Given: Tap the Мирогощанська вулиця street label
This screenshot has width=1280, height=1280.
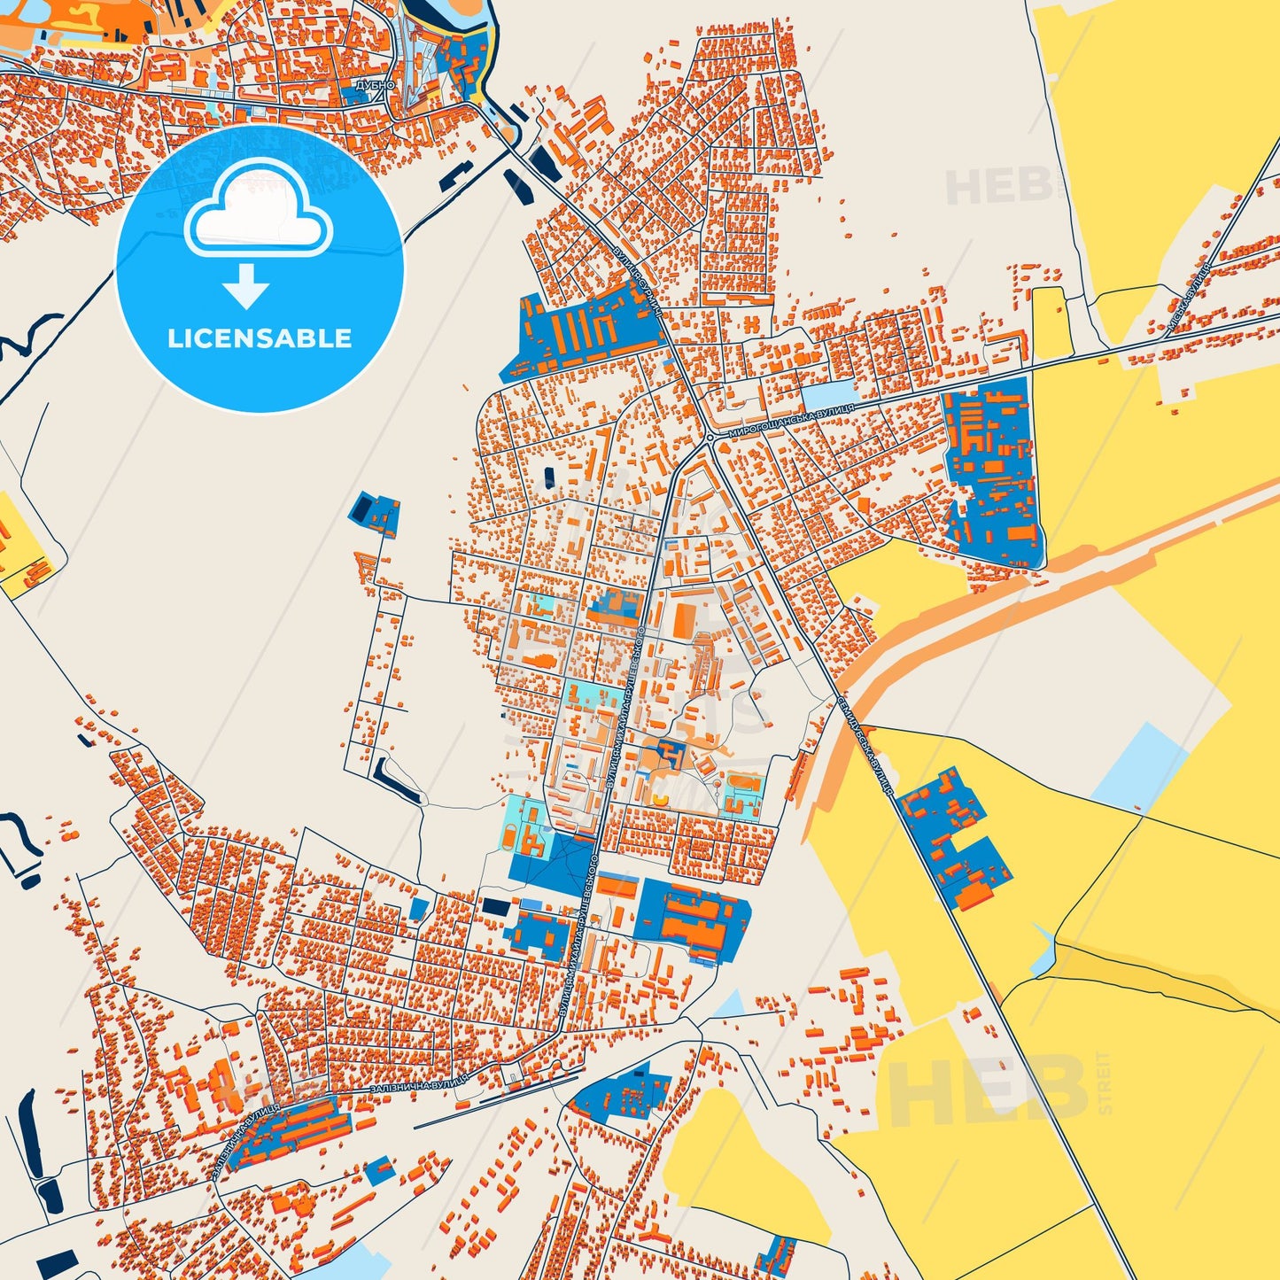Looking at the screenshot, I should point(791,421).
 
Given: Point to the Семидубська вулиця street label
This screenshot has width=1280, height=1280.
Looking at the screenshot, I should point(865,744).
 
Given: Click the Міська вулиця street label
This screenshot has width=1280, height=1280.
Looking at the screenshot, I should point(1189,297).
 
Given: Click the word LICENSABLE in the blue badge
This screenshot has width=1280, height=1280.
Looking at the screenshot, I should point(260,338).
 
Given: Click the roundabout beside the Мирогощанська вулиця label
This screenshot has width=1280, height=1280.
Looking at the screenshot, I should point(710,437).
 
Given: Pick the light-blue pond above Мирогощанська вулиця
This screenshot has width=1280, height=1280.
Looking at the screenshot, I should point(830,396).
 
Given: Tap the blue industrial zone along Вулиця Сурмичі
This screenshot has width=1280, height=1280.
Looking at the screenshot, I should point(585,332).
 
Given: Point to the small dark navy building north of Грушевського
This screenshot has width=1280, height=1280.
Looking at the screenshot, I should point(549,477).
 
